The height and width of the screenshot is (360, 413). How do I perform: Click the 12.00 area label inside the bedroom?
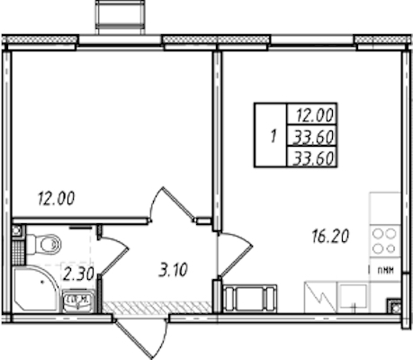tap(56, 198)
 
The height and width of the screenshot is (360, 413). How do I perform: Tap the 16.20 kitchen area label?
tap(330, 236)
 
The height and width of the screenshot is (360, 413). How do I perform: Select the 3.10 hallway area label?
tap(173, 269)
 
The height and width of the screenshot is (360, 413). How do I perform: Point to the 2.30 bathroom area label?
tap(78, 274)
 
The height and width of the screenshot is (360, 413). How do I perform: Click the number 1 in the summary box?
tap(273, 137)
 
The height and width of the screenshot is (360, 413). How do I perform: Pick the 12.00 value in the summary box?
tap(315, 115)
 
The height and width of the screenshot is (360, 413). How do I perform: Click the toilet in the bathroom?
tap(44, 244)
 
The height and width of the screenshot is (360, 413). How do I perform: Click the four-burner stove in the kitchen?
tap(385, 241)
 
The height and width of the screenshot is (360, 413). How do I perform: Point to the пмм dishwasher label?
tap(385, 271)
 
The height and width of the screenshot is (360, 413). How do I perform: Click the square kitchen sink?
tap(353, 297)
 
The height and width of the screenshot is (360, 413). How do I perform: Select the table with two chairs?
tap(249, 298)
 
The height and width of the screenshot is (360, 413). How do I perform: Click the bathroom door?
tap(113, 256)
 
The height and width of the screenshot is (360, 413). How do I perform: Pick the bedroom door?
tap(173, 205)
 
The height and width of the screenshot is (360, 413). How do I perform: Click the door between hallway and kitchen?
tap(235, 254)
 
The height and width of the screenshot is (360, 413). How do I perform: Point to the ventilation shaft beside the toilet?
tap(17, 231)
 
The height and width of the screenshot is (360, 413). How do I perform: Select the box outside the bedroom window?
tap(121, 17)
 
